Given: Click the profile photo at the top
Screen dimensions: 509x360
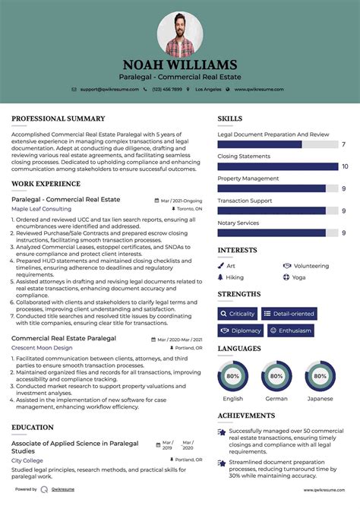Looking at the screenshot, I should [179, 33].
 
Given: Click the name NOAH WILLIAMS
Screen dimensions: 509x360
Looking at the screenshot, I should [179, 65].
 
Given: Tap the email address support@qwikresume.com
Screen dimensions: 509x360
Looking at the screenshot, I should [108, 89].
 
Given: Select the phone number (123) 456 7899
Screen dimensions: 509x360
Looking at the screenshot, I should [166, 89].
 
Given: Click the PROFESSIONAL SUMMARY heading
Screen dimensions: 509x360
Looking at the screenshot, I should [58, 119].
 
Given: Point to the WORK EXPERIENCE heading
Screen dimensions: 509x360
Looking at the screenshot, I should [46, 184].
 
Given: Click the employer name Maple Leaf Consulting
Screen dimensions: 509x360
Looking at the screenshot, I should [41, 208].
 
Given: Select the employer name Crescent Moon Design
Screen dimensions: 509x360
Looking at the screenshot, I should [42, 347].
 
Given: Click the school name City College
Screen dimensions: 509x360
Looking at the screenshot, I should [27, 461].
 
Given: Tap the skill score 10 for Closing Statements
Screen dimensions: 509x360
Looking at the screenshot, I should [345, 166].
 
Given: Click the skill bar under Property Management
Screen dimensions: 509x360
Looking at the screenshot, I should [271, 188].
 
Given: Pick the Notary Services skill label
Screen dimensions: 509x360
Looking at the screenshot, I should [238, 223].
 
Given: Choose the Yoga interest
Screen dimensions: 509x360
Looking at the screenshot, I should [299, 277].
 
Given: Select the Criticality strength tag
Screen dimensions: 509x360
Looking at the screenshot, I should [237, 314].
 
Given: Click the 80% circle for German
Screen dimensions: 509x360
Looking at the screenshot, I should [276, 376].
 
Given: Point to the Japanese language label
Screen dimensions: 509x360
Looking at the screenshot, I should [320, 398].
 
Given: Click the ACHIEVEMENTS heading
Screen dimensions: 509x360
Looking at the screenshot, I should [247, 416].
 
